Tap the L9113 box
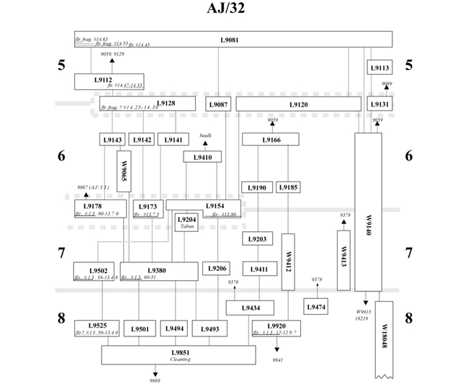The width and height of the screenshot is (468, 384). coord(380,68)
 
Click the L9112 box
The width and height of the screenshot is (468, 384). coord(109,81)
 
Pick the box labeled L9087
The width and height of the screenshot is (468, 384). coord(218,104)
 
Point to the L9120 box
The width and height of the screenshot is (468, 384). coord(298,104)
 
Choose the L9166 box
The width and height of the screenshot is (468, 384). coord(271,139)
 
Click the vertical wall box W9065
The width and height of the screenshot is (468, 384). coord(123,171)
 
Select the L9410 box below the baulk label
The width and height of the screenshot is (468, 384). coord(202,157)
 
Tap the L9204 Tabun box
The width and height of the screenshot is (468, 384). coord(186,222)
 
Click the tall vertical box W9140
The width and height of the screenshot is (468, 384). coord(368,212)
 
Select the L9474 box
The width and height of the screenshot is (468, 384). coord(316,307)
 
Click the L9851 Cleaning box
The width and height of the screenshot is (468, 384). coord(179,354)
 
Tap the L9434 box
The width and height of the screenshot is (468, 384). coord(250,308)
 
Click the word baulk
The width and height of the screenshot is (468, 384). coord(204,136)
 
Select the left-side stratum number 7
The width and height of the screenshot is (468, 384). coord(61,253)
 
